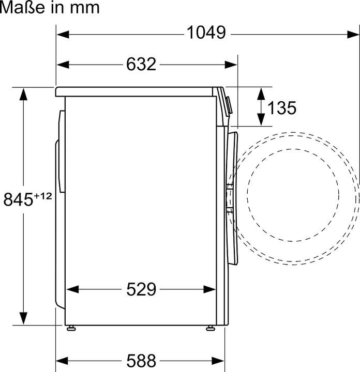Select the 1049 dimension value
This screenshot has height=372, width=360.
coord(206,34)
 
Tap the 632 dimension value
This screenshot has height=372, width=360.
coord(141,64)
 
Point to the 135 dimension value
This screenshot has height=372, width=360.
coord(282,108)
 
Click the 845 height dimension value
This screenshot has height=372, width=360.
coord(19,199)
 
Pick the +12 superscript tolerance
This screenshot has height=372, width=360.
coord(43,195)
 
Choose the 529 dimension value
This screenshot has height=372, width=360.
coord(141,290)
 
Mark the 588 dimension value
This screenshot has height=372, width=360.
coord(141,360)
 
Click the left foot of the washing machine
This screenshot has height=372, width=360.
coord(70,328)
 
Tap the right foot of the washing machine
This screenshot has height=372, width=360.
coord(211,328)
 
